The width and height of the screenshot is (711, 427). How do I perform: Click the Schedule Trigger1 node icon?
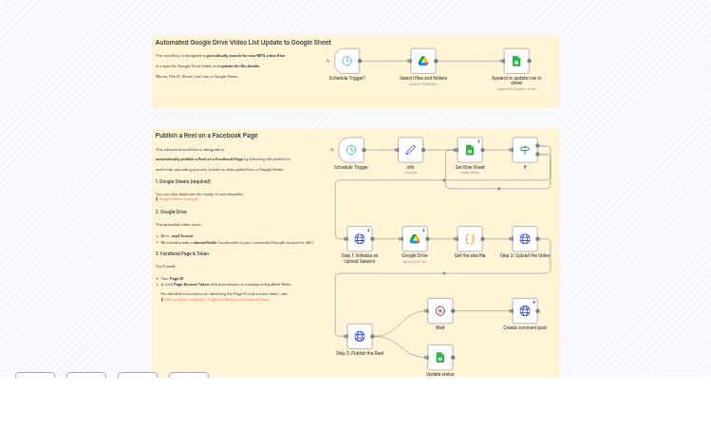347,61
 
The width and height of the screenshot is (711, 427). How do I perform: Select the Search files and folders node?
423,61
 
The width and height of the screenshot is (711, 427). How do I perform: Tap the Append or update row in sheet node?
516,61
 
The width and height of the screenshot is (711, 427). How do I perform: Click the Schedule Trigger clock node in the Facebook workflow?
351,150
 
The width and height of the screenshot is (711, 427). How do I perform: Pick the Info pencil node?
410,150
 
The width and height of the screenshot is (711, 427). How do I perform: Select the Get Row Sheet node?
470,150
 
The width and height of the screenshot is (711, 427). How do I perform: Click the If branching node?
525,150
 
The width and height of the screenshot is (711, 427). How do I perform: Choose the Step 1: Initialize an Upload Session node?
360,238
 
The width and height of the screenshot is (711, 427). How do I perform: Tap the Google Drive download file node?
415,238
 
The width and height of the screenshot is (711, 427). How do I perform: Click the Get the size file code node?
470,238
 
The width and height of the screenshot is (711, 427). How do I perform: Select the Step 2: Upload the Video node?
525,238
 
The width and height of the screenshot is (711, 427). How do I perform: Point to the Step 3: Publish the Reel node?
360,336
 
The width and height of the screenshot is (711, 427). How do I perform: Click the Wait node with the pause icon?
440,310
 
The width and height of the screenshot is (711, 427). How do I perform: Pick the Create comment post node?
525,310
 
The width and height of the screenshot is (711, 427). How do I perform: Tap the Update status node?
440,357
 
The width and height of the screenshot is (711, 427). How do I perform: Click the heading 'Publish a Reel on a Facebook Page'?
206,136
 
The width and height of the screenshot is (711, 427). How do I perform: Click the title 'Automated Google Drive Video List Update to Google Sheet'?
243,43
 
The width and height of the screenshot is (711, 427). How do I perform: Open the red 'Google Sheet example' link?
178,199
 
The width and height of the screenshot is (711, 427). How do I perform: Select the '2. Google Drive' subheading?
171,212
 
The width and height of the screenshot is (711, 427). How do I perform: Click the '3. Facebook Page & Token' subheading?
181,253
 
